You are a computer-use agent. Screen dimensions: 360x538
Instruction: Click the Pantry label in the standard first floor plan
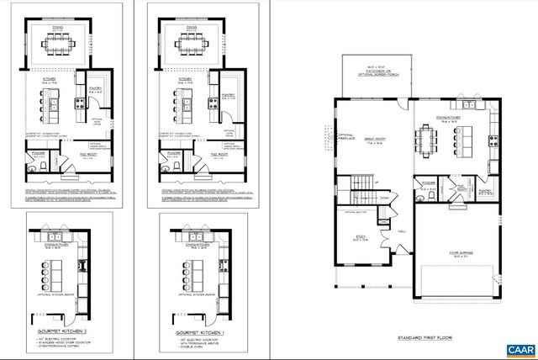tap(486, 191)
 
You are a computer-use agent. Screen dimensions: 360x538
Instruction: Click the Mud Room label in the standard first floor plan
tap(461, 185)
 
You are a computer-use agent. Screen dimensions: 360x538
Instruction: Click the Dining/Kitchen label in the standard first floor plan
tap(446, 119)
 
